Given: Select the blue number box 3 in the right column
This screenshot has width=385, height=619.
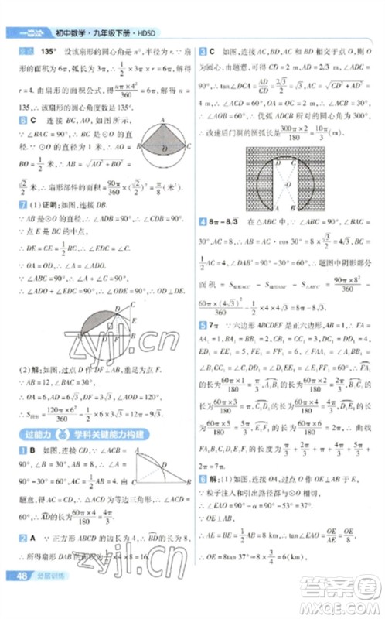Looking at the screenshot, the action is click(202, 51).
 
